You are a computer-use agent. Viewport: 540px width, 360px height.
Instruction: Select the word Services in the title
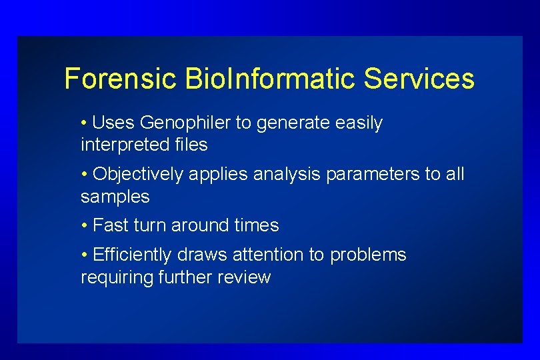point(419,79)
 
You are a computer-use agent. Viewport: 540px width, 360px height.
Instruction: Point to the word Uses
point(113,123)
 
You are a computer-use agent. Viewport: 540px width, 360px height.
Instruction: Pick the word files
point(191,145)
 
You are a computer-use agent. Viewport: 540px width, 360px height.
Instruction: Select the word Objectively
point(138,175)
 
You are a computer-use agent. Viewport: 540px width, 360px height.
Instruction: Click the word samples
point(115,197)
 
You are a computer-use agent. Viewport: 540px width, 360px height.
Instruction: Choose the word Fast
point(111,226)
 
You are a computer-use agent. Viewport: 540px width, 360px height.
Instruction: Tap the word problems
point(368,255)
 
